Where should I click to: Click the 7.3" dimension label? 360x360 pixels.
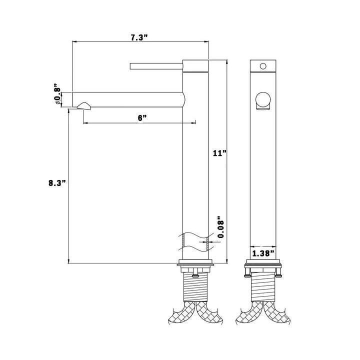click(x=139, y=37)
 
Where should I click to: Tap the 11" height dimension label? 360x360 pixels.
click(x=219, y=153)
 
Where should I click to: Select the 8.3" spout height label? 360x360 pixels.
click(x=57, y=183)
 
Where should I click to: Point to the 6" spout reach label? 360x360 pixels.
click(x=142, y=118)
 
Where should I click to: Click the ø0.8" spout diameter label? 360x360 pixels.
click(x=57, y=94)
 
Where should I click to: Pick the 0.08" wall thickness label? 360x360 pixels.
click(x=221, y=227)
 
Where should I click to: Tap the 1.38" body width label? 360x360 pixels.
click(x=263, y=253)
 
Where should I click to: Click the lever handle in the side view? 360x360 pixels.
click(x=156, y=66)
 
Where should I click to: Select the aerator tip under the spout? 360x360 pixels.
click(x=84, y=106)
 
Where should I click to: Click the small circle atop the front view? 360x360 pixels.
click(x=263, y=66)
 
